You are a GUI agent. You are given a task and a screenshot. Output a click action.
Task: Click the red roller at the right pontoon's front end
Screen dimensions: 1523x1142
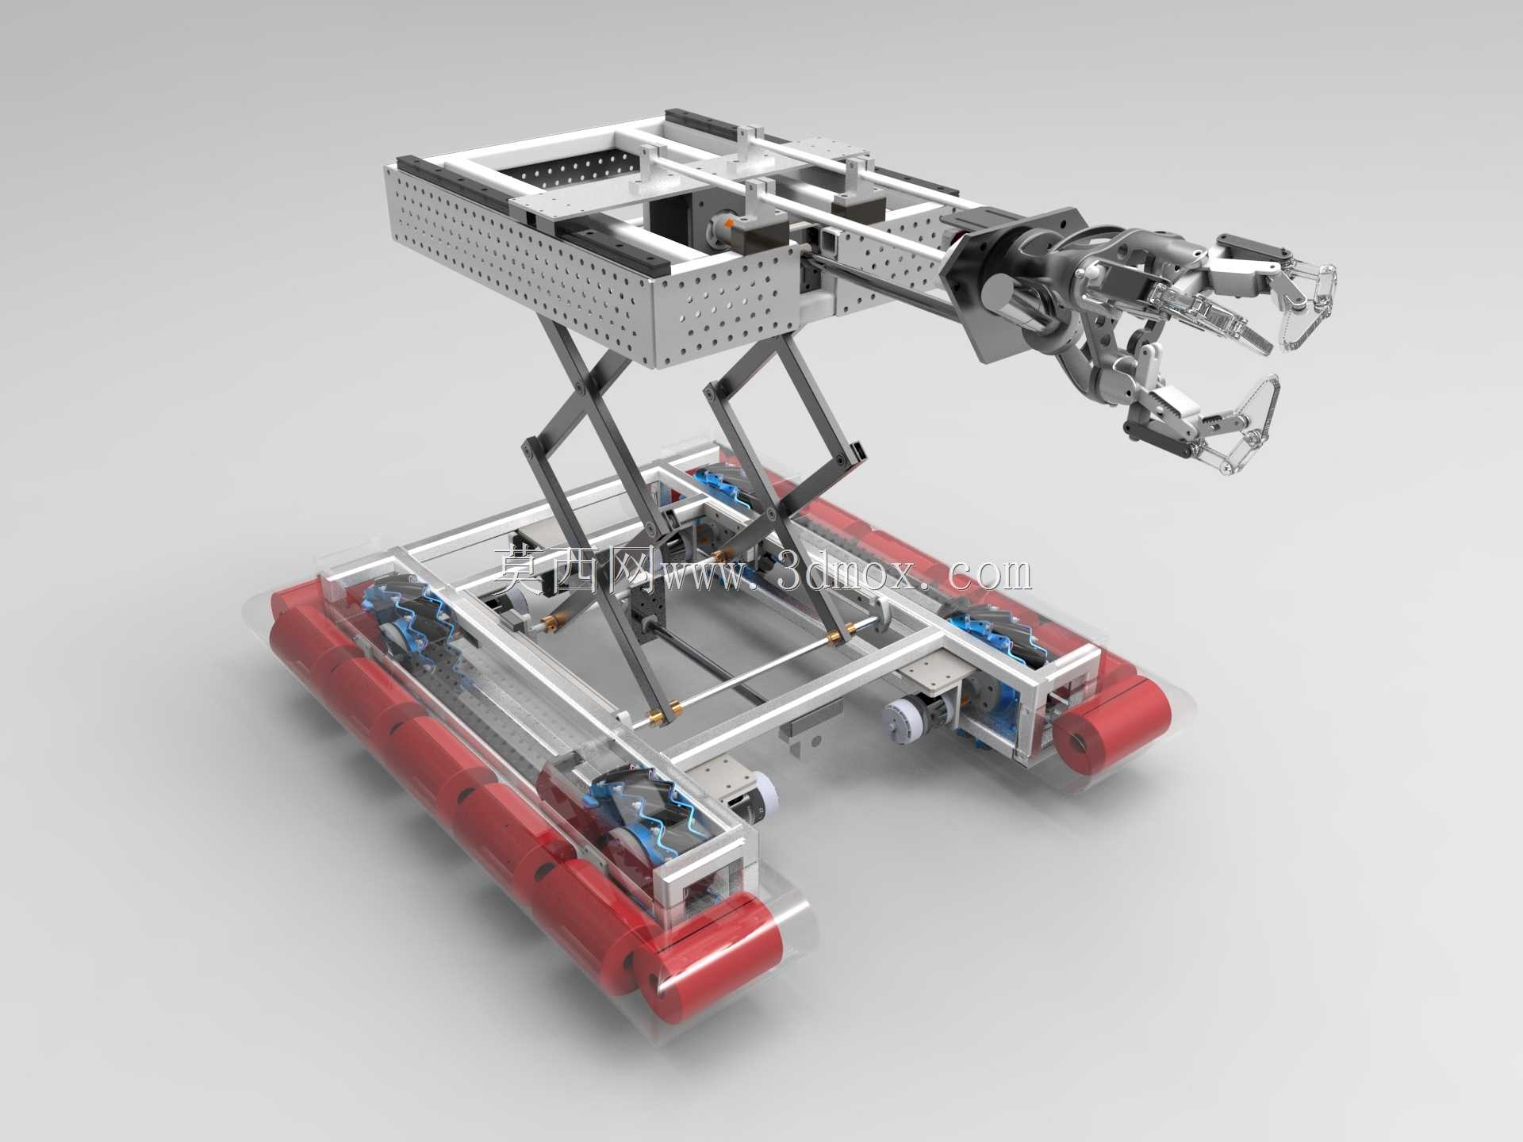[x=1111, y=726]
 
